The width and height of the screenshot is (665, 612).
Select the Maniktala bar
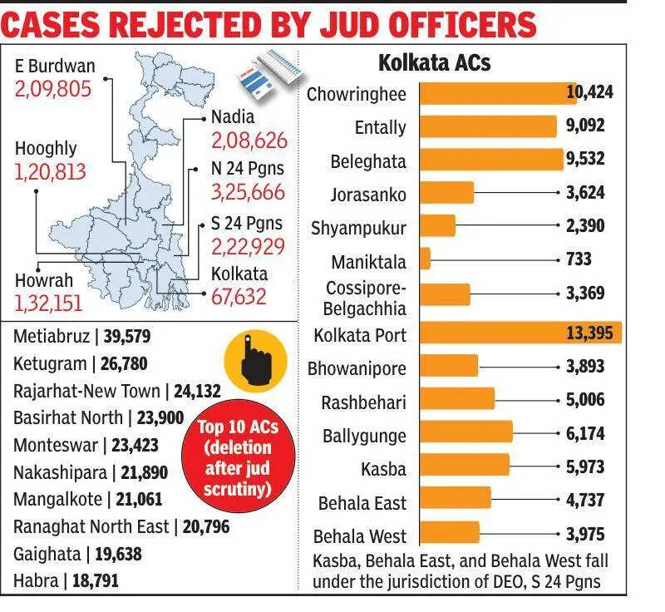[425, 259]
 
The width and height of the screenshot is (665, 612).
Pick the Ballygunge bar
[465, 433]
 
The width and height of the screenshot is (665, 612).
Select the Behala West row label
[360, 536]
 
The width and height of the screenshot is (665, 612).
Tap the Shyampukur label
[358, 228]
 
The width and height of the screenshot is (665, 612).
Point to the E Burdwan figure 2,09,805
[52, 88]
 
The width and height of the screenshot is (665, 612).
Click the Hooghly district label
[46, 149]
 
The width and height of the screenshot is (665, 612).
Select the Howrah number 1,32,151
[48, 304]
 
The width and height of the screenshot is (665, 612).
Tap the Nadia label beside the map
[233, 117]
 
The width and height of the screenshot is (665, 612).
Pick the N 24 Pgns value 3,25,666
[248, 193]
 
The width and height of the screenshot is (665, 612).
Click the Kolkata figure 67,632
[239, 296]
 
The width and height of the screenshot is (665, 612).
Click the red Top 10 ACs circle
[237, 460]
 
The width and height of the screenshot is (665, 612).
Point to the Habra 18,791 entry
[66, 580]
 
